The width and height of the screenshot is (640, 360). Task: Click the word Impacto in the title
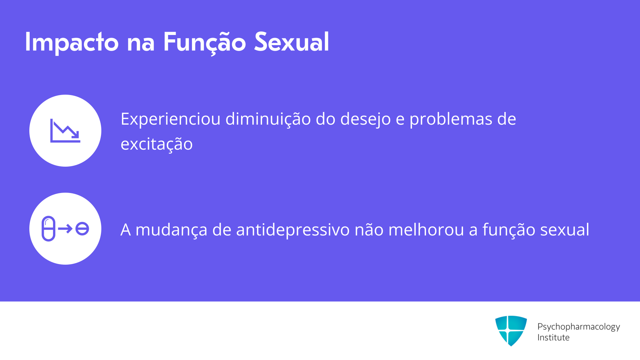[x=72, y=42]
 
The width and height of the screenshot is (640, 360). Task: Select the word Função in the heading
[x=204, y=42]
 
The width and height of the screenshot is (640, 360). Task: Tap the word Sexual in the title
[x=292, y=42]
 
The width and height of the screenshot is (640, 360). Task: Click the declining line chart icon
[x=65, y=131]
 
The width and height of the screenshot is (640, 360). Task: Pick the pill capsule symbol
[x=49, y=229]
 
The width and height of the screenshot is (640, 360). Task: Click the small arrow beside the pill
[x=65, y=229]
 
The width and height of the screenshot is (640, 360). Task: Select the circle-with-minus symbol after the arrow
[x=82, y=229]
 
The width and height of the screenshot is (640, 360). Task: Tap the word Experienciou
[x=170, y=119]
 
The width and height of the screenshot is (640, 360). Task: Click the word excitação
[x=157, y=144]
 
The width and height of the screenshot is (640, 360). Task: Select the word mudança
[x=171, y=230]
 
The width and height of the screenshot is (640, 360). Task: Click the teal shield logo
[x=511, y=331]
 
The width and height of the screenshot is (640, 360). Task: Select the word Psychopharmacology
[x=579, y=327]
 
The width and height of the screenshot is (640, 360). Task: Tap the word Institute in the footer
[x=553, y=337]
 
